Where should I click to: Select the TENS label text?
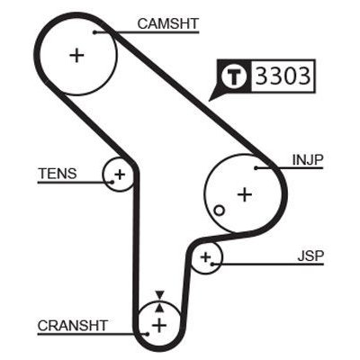(57, 174)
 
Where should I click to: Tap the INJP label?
(308, 159)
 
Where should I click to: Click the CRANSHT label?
(73, 325)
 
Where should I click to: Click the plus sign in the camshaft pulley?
(76, 55)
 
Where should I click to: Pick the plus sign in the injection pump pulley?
(243, 193)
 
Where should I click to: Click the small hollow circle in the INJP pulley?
(219, 211)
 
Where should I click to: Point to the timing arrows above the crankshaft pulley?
(159, 297)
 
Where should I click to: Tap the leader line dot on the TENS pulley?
(112, 181)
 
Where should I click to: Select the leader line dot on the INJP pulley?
(256, 167)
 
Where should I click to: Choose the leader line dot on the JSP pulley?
(214, 265)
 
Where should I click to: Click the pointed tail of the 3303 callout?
(212, 94)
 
